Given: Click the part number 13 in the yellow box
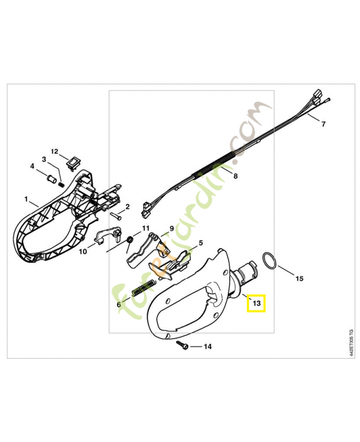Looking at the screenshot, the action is tap(257, 303).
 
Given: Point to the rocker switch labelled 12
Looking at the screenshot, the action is tap(72, 164).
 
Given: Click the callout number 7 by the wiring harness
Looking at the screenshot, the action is tap(324, 124).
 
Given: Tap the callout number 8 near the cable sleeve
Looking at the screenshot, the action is tap(236, 176).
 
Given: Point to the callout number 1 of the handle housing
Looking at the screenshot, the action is tap(26, 199).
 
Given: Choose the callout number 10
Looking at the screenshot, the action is tap(83, 251).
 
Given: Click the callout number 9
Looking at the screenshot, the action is tap(171, 228).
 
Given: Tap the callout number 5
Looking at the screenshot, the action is tap(200, 243).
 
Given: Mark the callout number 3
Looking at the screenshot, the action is tap(44, 159).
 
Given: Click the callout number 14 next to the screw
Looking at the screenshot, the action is tap(208, 346).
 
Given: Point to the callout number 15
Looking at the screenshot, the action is tap(299, 278).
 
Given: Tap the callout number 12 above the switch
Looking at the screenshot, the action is tap(54, 151).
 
